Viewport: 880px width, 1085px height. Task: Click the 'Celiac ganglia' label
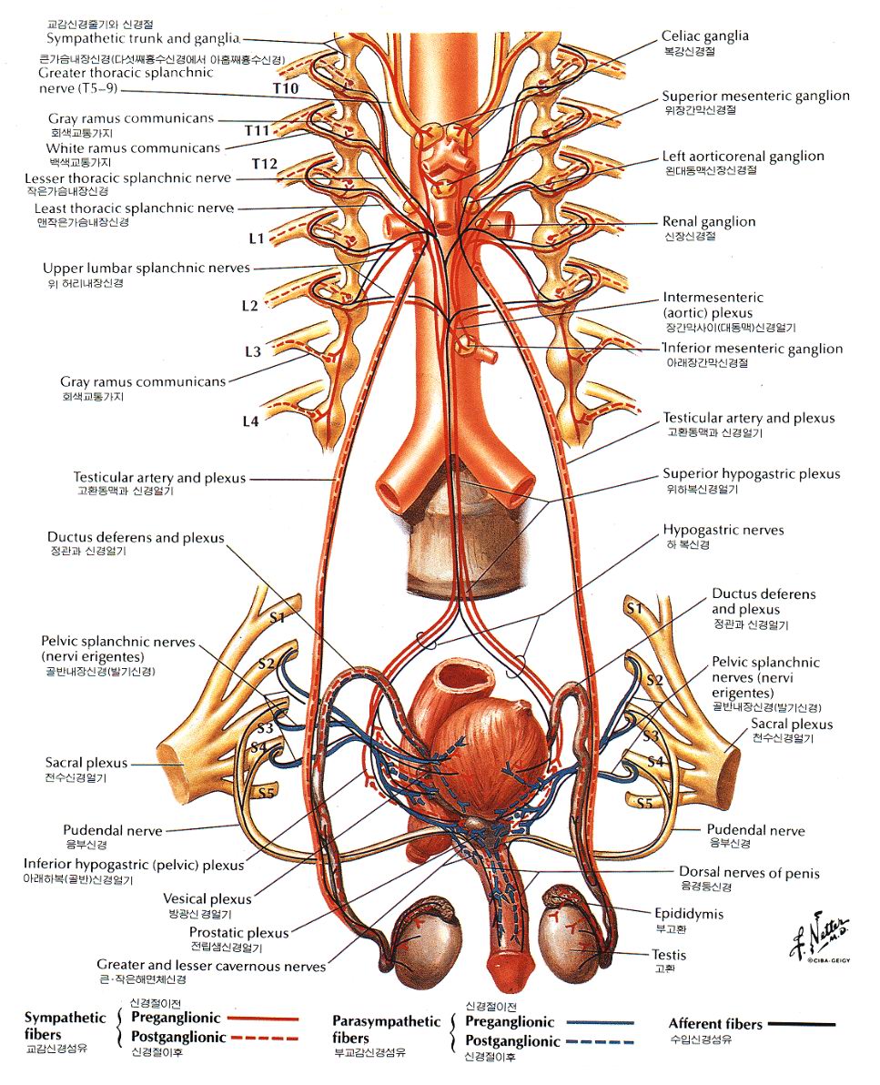point(704,36)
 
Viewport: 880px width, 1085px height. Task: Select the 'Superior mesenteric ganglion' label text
point(755,96)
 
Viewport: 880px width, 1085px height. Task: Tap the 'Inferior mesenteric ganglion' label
point(753,349)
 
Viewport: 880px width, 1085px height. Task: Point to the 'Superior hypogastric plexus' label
point(752,474)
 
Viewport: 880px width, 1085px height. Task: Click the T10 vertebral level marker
point(285,88)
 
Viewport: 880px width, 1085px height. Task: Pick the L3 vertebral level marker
point(252,351)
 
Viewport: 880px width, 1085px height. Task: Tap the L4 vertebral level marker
point(250,421)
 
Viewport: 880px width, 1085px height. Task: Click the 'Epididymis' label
point(688,914)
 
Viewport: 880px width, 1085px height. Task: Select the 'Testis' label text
point(668,955)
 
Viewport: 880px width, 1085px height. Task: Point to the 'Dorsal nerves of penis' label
point(749,873)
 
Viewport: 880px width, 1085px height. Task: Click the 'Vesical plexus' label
point(207,899)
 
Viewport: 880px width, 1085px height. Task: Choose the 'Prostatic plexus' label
point(238,933)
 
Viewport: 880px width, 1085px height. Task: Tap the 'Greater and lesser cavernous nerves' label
point(211,965)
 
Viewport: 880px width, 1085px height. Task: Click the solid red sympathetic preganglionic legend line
point(264,1019)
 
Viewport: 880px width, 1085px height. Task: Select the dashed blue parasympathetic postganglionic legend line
point(599,1042)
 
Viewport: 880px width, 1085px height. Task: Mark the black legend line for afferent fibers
point(801,1024)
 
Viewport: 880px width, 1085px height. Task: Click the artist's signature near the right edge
point(821,937)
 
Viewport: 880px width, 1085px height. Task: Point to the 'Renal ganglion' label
point(708,222)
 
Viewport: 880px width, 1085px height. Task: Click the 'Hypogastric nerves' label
point(723,531)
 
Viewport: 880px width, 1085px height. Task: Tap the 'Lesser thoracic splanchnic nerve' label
point(128,178)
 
